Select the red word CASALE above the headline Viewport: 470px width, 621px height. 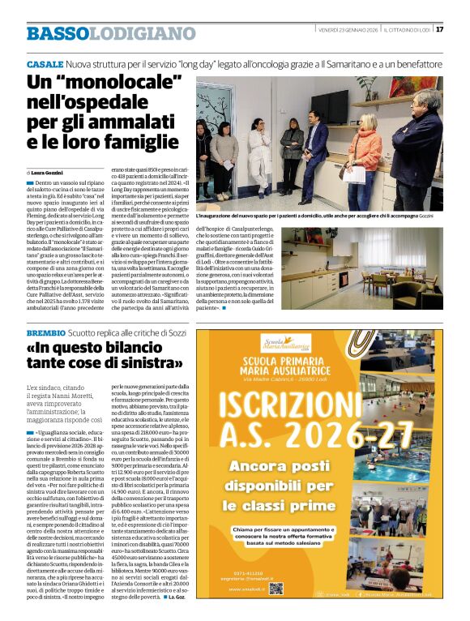point(44,63)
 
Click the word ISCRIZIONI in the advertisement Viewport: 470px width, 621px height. point(294,403)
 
